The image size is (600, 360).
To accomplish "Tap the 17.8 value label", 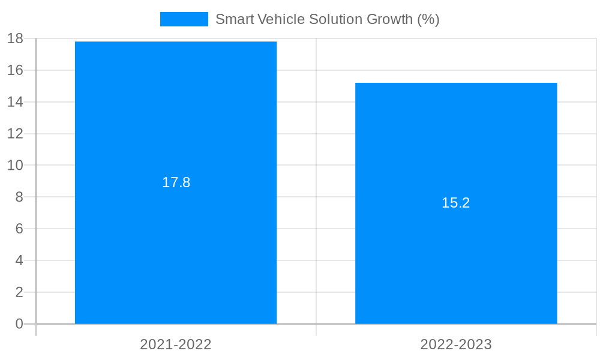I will [x=176, y=182].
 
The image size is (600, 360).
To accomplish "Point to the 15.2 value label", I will [x=456, y=203].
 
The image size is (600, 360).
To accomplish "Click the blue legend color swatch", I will [x=184, y=19].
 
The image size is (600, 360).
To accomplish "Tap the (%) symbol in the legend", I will [x=428, y=19].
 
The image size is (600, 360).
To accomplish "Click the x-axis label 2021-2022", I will [x=176, y=344].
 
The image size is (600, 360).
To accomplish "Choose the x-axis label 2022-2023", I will [x=456, y=344].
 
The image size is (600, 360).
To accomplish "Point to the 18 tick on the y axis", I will [x=15, y=38].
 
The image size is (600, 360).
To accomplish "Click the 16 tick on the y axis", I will [x=15, y=70].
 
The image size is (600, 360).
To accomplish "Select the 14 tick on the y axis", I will [x=15, y=102].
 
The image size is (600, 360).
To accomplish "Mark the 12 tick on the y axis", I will [x=15, y=134].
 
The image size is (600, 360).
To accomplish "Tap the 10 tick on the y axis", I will [x=15, y=165].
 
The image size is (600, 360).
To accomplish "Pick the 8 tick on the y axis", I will [x=19, y=197].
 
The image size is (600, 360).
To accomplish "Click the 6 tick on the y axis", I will [x=19, y=229].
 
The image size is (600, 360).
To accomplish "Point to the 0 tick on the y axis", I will [x=19, y=324].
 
